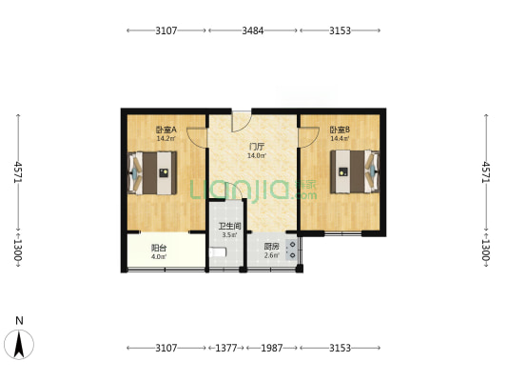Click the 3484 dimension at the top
click(x=253, y=30)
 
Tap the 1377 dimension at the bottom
click(x=226, y=348)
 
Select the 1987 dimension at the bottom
click(x=272, y=348)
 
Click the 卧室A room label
click(x=166, y=130)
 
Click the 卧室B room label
click(x=340, y=130)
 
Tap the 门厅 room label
click(x=257, y=148)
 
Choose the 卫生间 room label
click(x=229, y=227)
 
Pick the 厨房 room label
click(x=271, y=247)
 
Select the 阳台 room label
click(x=159, y=249)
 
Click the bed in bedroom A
click(x=152, y=173)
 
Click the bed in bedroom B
click(x=355, y=171)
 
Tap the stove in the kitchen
click(x=292, y=250)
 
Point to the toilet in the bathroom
click(x=218, y=252)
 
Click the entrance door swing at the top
click(x=242, y=121)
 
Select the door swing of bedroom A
click(x=197, y=137)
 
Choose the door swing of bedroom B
click(x=308, y=137)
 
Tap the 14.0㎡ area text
click(x=257, y=156)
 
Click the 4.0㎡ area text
click(x=159, y=257)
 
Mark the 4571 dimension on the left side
click(x=18, y=172)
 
